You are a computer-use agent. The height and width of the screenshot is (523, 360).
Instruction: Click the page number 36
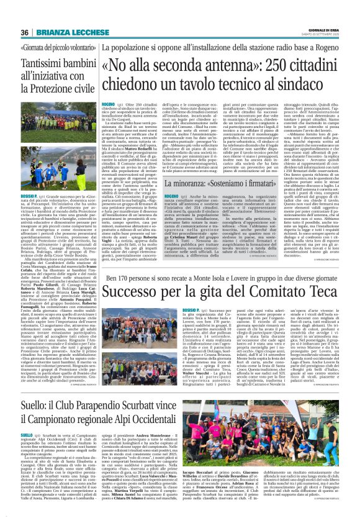coord(25,32)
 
